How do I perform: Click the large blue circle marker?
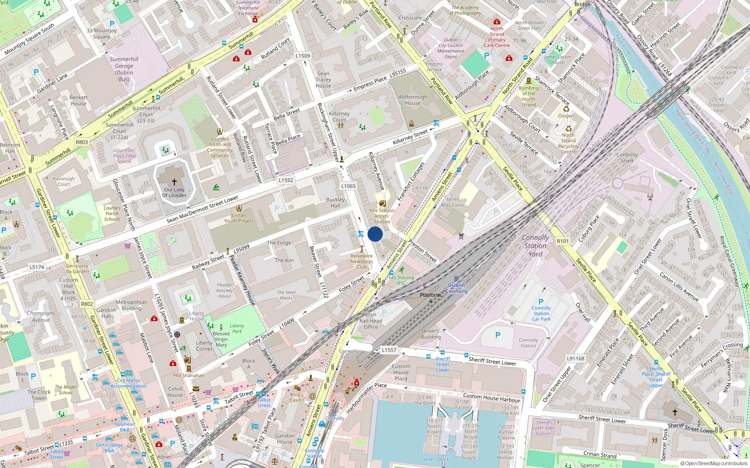(375, 234)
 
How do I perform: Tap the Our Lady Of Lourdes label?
(174, 192)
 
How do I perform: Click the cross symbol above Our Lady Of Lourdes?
(174, 182)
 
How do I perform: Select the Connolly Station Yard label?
(535, 246)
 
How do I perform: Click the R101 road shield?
(562, 241)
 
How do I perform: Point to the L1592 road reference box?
(286, 180)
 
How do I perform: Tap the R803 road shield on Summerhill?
(82, 142)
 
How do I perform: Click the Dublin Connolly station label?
(456, 288)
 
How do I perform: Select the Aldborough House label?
(413, 100)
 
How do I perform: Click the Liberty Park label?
(237, 329)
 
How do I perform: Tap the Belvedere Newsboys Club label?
(362, 262)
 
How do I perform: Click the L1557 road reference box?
(389, 350)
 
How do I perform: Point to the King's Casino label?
(297, 397)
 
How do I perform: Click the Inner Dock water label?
(435, 459)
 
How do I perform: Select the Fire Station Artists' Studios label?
(382, 216)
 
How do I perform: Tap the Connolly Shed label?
(627, 158)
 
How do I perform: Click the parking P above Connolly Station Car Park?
(541, 302)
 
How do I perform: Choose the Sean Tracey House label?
(323, 80)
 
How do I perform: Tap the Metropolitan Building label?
(132, 305)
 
